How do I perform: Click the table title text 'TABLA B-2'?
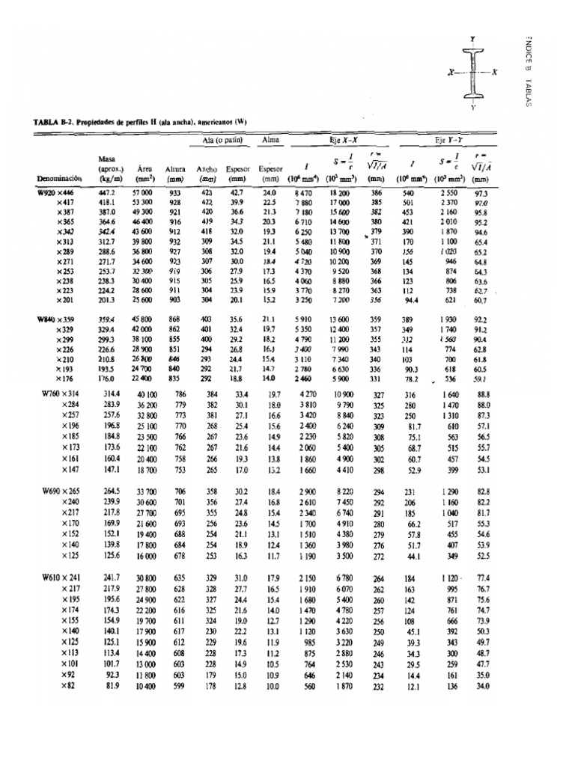point(55,123)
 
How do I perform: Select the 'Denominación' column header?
point(59,179)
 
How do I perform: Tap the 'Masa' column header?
point(107,159)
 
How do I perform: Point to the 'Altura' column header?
point(175,170)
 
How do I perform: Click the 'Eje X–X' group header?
point(345,140)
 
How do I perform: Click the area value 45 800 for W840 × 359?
point(142,319)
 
